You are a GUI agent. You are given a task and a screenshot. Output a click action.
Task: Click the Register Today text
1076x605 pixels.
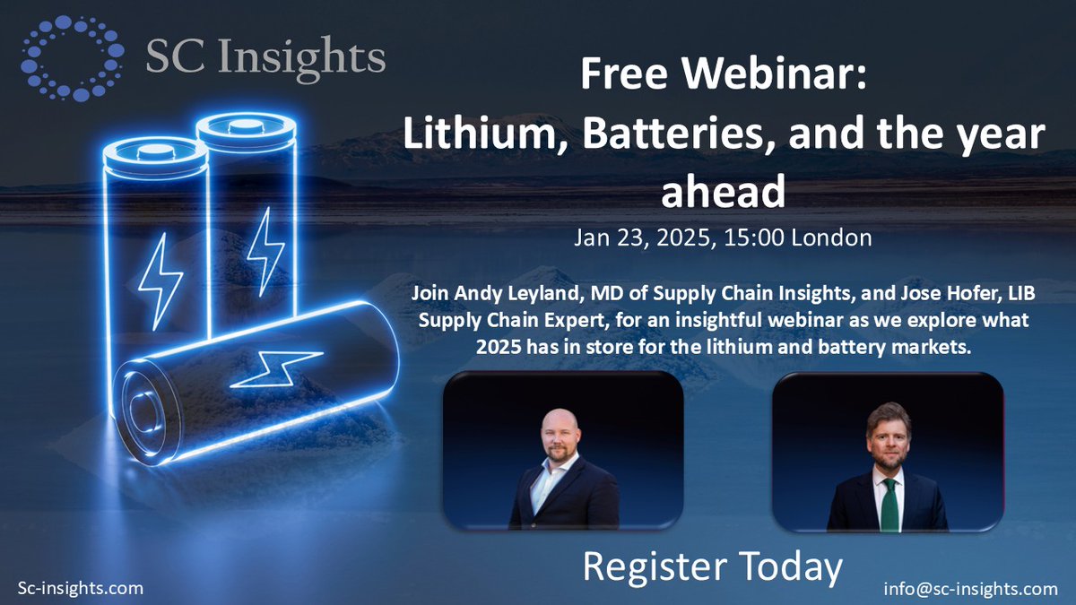(713, 566)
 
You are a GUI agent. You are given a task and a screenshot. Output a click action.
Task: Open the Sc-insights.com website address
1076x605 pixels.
(81, 588)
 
